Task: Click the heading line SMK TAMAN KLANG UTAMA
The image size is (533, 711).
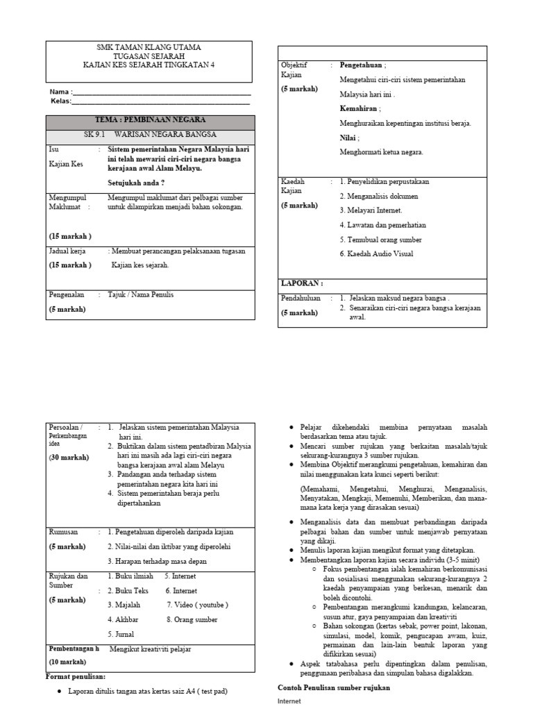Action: [x=149, y=47]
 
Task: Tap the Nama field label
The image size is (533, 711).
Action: [x=61, y=92]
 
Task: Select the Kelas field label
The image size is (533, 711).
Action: [x=62, y=101]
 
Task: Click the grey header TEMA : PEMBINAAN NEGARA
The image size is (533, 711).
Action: [x=150, y=120]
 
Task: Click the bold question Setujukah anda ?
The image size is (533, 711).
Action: [x=136, y=183]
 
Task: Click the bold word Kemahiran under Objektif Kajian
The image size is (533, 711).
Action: [x=359, y=108]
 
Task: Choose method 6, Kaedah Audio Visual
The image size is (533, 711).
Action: [x=376, y=254]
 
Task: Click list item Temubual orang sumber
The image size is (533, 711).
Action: [x=380, y=240]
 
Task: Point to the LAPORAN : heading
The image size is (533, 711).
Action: [x=301, y=283]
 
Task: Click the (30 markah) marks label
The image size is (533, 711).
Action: [x=68, y=458]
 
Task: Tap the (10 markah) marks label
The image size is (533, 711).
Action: [x=67, y=662]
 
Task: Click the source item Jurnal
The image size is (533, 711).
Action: [x=121, y=634]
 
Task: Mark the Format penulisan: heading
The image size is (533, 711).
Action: [x=75, y=676]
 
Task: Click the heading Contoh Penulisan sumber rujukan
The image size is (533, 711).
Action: [x=333, y=687]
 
